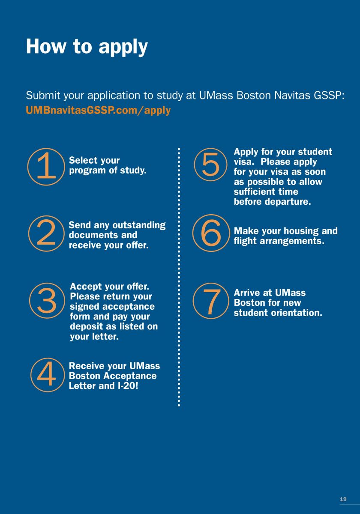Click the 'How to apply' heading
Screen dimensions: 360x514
87,47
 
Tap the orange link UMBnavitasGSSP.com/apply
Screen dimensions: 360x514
98,111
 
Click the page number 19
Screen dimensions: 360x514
343,499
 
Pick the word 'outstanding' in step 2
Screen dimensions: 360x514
139,225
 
